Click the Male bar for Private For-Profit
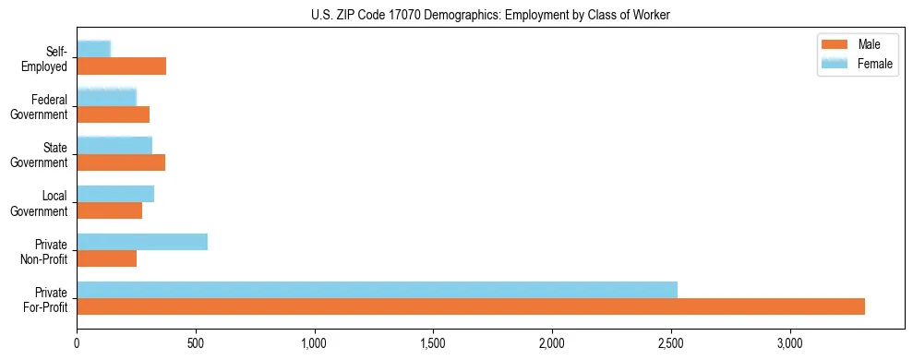tap(471, 306)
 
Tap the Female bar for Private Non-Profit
tap(142, 242)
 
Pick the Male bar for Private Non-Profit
tap(107, 258)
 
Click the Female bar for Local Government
tap(115, 194)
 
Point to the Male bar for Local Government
tap(110, 210)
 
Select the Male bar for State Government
tap(121, 162)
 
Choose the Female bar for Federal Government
tap(107, 98)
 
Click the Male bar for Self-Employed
tap(122, 66)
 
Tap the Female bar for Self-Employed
tap(94, 50)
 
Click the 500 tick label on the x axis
tap(196, 342)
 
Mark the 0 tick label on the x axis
tap(78, 342)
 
